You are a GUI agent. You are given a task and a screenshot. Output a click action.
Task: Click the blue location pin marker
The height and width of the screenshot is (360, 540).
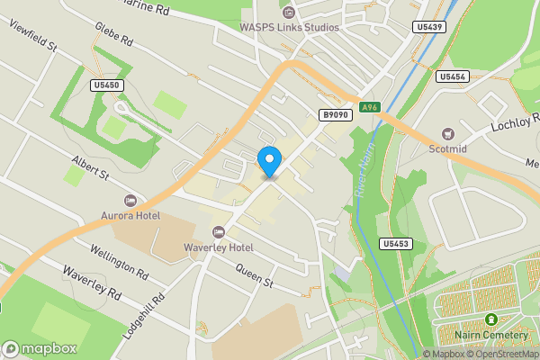coord(268,161)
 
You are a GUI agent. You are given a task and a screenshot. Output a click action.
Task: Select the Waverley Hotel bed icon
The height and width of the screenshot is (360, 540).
coord(218,232)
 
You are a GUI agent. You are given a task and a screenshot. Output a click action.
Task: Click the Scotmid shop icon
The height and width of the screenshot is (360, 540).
coord(448,134)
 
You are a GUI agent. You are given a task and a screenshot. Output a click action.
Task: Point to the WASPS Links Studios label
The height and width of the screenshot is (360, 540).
coord(289,26)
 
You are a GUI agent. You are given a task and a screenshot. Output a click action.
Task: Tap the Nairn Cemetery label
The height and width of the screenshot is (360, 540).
coord(491,335)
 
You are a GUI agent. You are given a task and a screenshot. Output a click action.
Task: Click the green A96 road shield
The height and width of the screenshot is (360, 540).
coord(369,107)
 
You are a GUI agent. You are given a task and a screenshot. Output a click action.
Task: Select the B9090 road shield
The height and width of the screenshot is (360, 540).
coord(334,115)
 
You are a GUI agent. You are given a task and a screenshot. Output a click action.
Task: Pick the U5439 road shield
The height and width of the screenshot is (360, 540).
coord(430,28)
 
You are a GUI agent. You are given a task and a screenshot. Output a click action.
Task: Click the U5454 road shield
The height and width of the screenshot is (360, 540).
coord(452,77)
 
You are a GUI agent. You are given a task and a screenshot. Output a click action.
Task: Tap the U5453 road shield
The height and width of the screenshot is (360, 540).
coord(395,244)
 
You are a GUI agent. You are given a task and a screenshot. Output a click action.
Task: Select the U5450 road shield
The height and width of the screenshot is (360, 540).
coord(107,85)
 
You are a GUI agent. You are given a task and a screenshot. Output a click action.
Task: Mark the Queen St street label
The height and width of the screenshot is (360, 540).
coord(253,274)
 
